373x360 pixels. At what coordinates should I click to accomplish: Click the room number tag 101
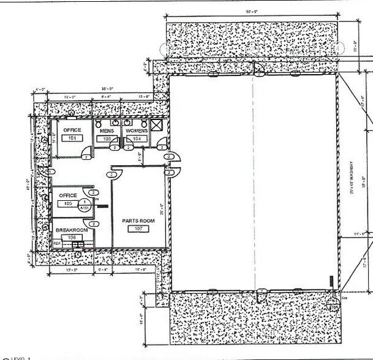point(72,139)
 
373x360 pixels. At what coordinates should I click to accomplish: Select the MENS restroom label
point(107,130)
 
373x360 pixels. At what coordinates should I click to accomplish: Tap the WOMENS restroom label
point(137,130)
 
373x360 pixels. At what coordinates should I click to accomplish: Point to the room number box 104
point(137,139)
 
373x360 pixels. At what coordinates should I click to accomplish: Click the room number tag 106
point(72,237)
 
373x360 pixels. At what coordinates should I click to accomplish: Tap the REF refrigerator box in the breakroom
point(58,244)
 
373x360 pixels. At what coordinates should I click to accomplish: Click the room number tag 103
point(107,139)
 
